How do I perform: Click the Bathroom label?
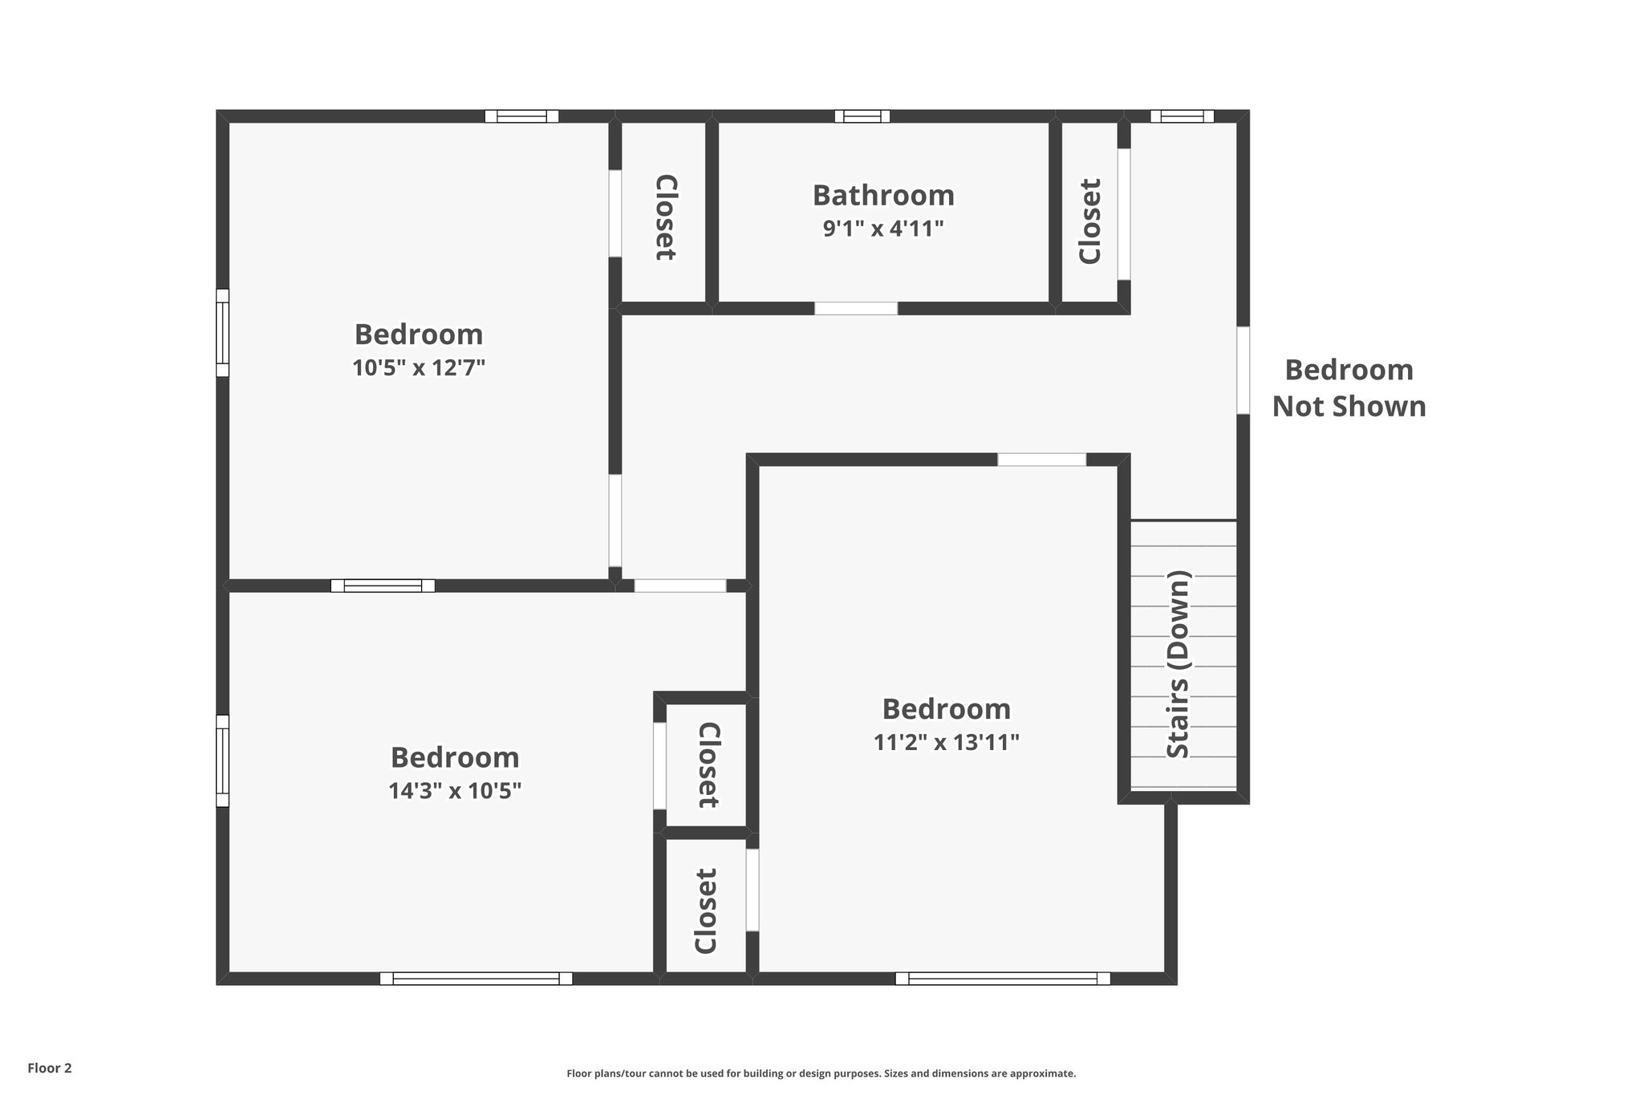(x=883, y=196)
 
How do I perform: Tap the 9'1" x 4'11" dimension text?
(x=883, y=229)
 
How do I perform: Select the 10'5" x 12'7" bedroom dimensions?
(x=419, y=368)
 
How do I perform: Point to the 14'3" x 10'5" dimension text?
(x=455, y=792)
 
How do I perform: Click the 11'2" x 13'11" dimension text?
(x=946, y=743)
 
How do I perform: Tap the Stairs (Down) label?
(x=1178, y=663)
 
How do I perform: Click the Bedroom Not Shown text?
(x=1349, y=388)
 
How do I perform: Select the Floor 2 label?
(x=50, y=1068)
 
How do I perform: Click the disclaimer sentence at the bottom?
(x=821, y=1073)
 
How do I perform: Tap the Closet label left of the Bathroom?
(x=666, y=217)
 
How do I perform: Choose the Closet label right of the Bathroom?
(x=1089, y=221)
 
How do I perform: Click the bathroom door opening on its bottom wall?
(x=856, y=309)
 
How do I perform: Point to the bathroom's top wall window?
(x=862, y=116)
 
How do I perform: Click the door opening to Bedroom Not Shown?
(x=1243, y=370)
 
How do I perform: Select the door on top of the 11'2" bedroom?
(x=1041, y=460)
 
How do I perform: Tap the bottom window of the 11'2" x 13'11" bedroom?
(x=1003, y=979)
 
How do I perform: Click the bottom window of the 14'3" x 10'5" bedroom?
(x=476, y=979)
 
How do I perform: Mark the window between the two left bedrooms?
(x=383, y=586)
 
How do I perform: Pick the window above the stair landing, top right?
(x=1182, y=116)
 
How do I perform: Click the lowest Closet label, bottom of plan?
(x=705, y=911)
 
